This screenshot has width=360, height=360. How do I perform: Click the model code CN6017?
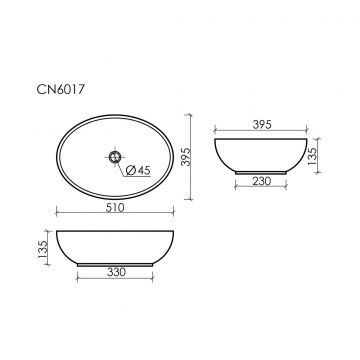(x=59, y=90)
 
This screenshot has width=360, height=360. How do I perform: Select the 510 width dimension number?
(x=115, y=208)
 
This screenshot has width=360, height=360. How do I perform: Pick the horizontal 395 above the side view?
(x=262, y=124)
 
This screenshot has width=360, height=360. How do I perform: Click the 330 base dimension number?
(x=117, y=272)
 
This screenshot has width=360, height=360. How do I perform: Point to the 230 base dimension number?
(x=262, y=181)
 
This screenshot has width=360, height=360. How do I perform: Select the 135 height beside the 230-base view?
(x=312, y=156)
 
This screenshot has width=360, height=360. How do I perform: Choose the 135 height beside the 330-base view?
(x=43, y=249)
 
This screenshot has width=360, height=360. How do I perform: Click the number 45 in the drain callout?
(x=144, y=171)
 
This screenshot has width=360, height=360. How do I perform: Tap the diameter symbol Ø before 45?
(x=130, y=171)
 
